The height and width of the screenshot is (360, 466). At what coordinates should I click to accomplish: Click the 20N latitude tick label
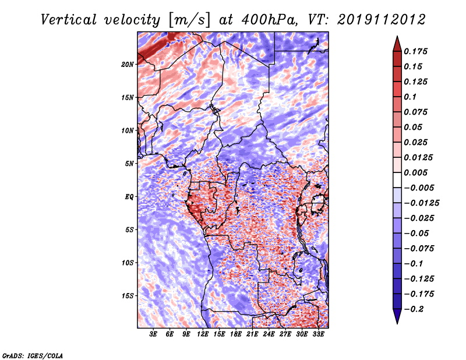tap(128, 64)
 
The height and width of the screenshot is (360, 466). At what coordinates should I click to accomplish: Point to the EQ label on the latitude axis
tap(129, 197)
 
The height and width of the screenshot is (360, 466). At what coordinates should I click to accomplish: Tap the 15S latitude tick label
tap(128, 296)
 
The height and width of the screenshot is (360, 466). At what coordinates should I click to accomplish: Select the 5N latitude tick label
tap(129, 164)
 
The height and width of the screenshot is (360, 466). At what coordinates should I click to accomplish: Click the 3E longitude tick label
tap(153, 334)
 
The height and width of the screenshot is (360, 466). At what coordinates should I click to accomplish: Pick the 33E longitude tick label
tap(318, 334)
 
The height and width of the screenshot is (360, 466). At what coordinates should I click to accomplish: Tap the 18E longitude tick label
tap(236, 334)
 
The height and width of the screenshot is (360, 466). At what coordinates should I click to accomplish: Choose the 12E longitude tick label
tap(203, 334)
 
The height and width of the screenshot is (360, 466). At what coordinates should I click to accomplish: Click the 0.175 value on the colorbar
tap(415, 51)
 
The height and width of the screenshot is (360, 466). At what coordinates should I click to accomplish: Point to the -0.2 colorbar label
tap(414, 309)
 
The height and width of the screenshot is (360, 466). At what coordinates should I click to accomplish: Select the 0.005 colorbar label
tap(415, 172)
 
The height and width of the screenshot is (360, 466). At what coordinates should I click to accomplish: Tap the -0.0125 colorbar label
tap(421, 203)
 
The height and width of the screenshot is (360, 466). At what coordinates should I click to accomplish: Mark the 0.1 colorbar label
tap(410, 97)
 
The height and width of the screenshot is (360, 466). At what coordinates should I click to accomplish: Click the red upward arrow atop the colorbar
tap(397, 44)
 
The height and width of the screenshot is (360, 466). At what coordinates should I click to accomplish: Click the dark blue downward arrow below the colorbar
tap(397, 316)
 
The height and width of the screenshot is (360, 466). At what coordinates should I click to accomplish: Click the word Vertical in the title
tap(69, 20)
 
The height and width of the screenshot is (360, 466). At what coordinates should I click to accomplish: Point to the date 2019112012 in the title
tap(382, 20)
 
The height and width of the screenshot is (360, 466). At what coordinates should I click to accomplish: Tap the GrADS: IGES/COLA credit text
tap(33, 355)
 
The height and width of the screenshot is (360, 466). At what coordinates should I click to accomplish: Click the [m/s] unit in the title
tap(189, 20)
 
